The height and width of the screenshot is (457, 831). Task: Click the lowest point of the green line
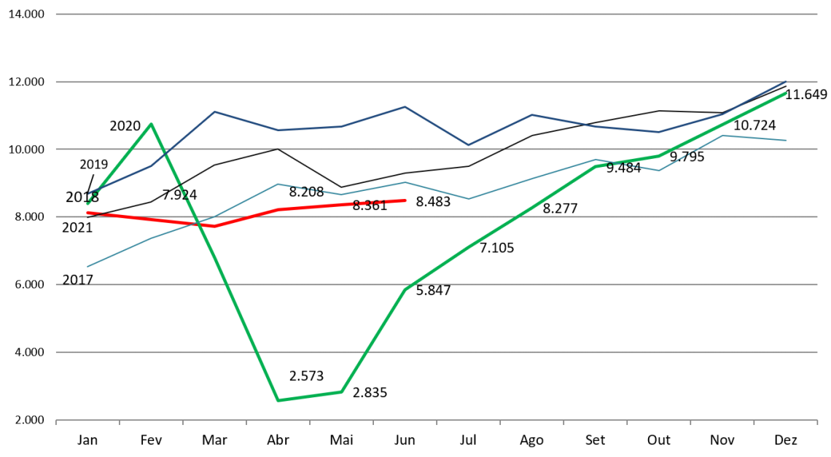(x=278, y=400)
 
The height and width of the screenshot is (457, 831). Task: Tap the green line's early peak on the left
(x=151, y=124)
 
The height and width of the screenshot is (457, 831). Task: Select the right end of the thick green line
(x=786, y=93)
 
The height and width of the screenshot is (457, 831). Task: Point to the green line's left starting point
(x=87, y=203)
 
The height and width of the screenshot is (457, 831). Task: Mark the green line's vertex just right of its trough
(x=342, y=391)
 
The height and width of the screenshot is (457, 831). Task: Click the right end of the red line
(x=405, y=200)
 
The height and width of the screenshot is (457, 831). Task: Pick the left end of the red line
(x=87, y=213)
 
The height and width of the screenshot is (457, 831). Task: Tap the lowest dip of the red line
(x=214, y=226)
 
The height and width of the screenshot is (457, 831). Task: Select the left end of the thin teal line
(x=87, y=266)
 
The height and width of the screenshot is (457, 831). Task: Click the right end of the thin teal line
(x=786, y=140)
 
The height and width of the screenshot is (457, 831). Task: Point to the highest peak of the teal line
(x=722, y=136)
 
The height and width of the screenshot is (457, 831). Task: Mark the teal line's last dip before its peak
(x=659, y=170)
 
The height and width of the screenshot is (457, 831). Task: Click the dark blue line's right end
(x=786, y=81)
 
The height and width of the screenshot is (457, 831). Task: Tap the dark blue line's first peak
(x=214, y=112)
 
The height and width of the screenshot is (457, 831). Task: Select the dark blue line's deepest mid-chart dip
(x=469, y=145)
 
